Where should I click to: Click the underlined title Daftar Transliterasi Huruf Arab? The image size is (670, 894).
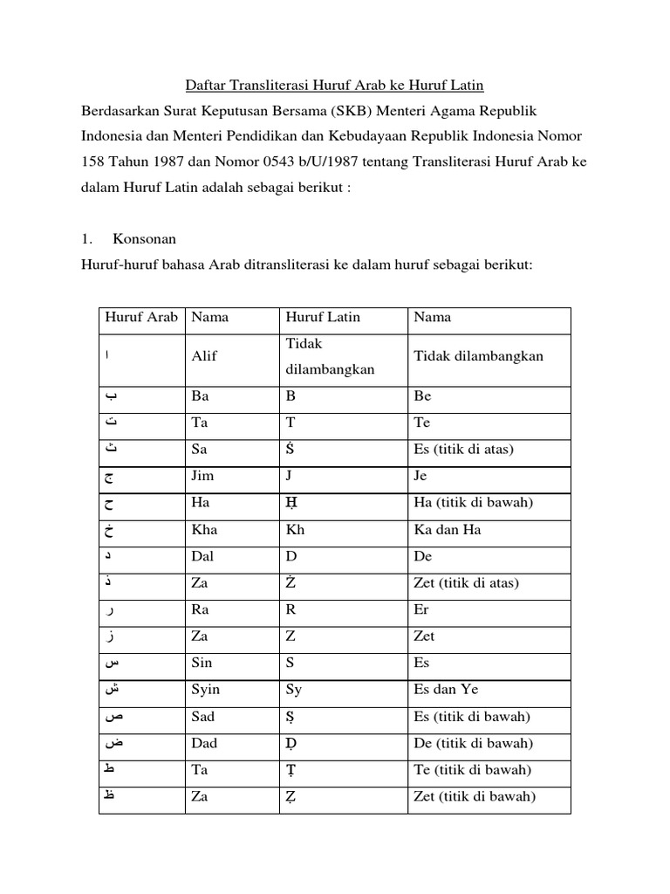pos(334,86)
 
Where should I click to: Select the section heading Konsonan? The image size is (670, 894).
pos(146,239)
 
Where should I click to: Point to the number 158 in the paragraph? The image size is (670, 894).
pos(93,164)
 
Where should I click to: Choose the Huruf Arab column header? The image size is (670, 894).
pos(141,317)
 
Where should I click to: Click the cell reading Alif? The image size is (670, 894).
pos(204,356)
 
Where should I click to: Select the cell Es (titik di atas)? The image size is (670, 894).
pos(462,450)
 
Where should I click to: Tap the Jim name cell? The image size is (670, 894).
pos(202,477)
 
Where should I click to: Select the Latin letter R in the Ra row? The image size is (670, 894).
pos(291,610)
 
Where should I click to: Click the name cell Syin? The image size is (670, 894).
pos(206,690)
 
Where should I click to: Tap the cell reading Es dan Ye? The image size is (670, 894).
pos(448,690)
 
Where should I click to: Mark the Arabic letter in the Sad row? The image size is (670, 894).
pos(113,717)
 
